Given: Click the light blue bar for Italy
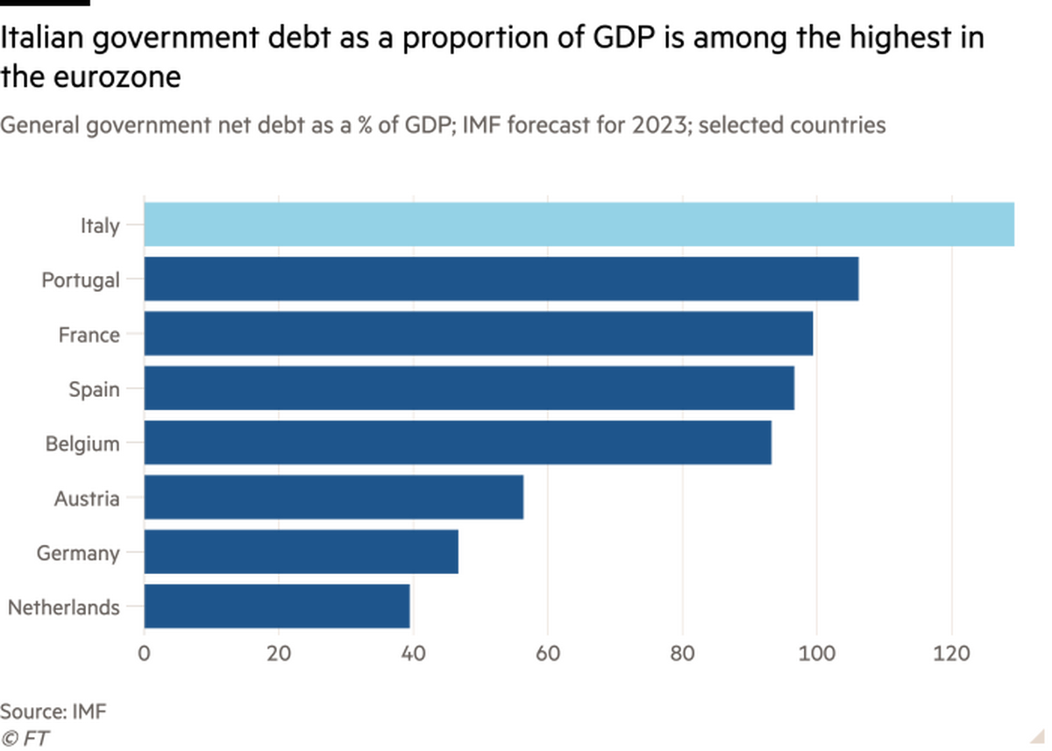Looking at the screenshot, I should [579, 224].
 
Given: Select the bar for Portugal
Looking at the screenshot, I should [501, 280].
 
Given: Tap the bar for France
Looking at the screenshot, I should [478, 334].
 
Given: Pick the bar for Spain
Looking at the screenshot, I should [470, 387].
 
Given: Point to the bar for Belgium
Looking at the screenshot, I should [458, 443].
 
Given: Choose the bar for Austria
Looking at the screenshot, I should [335, 497].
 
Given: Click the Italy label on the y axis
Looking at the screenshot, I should [99, 226].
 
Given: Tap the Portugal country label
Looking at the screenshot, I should [79, 280].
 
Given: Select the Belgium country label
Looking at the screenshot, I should [83, 443].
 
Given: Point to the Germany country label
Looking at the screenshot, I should [77, 553].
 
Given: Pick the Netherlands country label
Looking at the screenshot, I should [64, 607].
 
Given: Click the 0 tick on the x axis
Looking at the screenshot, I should [145, 653].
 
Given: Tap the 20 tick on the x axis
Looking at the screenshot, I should [279, 653].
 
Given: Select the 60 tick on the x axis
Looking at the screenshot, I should [548, 653].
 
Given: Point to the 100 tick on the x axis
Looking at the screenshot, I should [817, 653].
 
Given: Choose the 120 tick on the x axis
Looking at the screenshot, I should [951, 653].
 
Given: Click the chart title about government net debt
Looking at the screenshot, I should [444, 126].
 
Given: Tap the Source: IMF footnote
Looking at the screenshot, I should [55, 710].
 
